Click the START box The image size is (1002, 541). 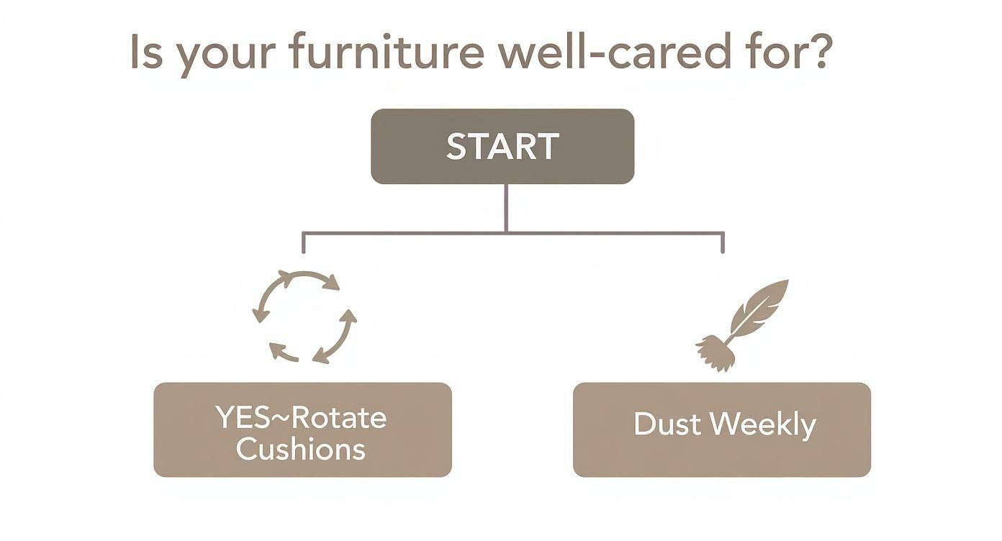click(502, 146)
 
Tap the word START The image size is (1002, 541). click(502, 147)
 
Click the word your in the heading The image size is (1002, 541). click(222, 56)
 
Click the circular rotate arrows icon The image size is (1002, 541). click(304, 316)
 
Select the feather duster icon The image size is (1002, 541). click(741, 324)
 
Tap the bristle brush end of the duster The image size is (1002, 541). click(713, 353)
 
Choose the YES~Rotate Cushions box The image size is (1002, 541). click(302, 429)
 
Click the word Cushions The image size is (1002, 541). click(301, 449)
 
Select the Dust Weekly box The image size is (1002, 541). click(721, 429)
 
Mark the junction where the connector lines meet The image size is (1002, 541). click(506, 232)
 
